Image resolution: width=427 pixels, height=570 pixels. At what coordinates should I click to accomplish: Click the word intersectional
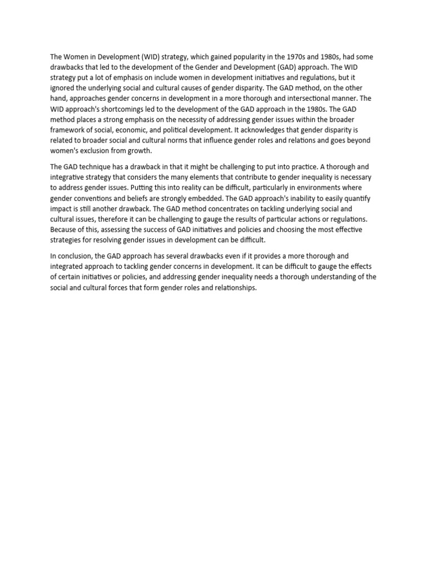coord(302,99)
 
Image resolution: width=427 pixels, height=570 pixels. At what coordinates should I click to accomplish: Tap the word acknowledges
coord(257,130)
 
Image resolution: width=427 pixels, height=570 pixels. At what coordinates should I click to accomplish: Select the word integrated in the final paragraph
coord(69,267)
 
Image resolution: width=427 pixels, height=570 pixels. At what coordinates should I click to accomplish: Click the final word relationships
coord(232,288)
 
